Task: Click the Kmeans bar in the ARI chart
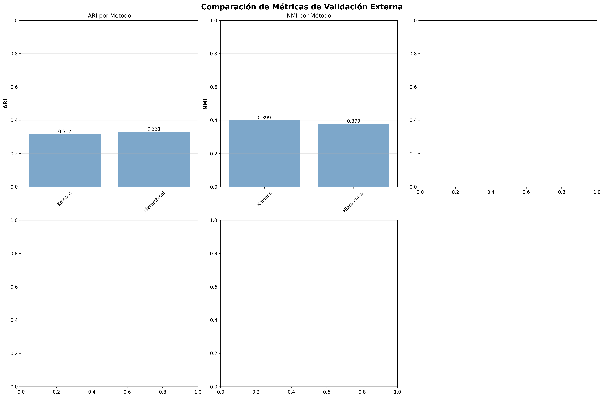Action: pos(65,160)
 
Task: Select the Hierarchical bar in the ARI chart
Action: pos(154,159)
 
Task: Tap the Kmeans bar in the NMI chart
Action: pos(264,154)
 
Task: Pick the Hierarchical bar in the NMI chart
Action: pos(353,155)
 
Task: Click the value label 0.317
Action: pos(65,131)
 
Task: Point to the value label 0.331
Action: pos(154,129)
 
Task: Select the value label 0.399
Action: pos(264,118)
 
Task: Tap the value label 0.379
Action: pos(353,121)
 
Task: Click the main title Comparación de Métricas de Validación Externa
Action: pos(302,7)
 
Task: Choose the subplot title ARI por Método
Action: pos(109,16)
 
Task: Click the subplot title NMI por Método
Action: pos(309,16)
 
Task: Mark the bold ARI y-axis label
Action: pos(6,104)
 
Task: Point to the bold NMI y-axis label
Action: pos(205,104)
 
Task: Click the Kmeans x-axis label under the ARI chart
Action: pos(65,198)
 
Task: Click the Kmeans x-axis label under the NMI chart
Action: pos(264,198)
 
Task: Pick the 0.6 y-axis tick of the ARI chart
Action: pos(14,87)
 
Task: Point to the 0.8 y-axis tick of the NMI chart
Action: pos(214,54)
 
